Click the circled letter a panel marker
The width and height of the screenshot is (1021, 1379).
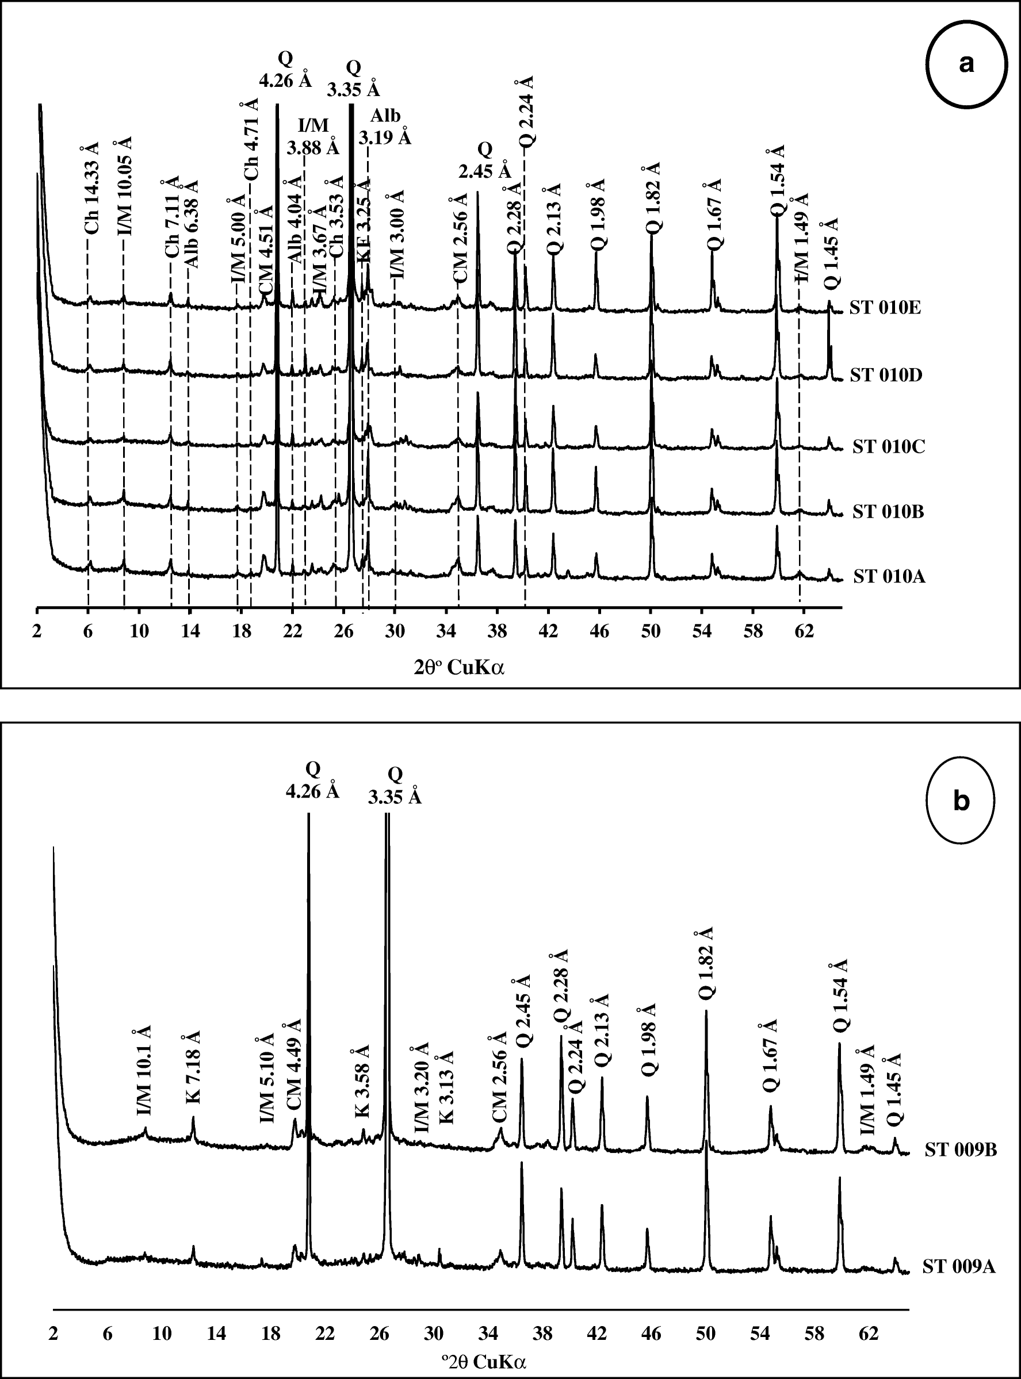[966, 81]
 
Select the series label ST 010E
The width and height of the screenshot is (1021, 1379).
[885, 308]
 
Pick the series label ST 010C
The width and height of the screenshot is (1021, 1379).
[889, 447]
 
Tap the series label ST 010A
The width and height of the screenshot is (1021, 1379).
[889, 577]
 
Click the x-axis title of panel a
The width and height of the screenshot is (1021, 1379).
[458, 668]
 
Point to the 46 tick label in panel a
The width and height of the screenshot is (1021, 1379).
[599, 631]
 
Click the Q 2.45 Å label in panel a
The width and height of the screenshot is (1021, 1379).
[485, 159]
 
